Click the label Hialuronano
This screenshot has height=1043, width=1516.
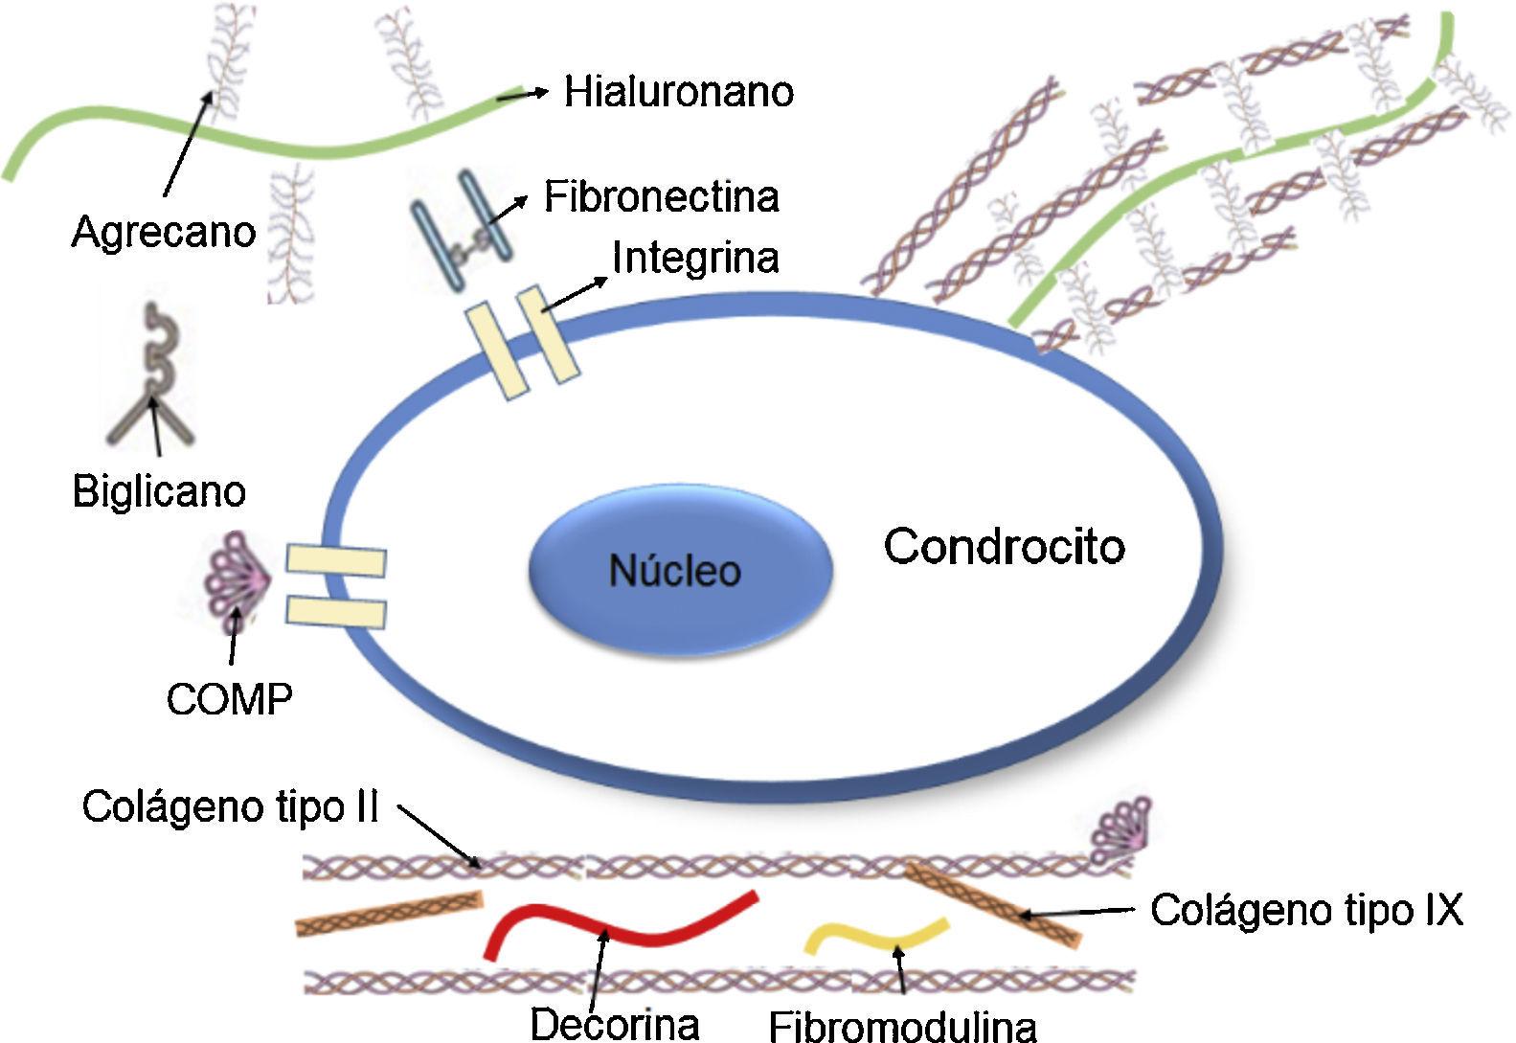pos(678,92)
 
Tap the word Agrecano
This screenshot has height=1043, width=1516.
pos(164,232)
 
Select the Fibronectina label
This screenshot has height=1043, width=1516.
pos(662,196)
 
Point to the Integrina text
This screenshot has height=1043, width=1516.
pos(695,257)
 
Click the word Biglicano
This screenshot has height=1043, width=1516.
pos(159,491)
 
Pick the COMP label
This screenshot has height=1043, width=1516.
pos(229,698)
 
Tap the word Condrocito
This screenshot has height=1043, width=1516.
pos(1004,546)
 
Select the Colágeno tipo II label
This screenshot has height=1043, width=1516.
pos(231,806)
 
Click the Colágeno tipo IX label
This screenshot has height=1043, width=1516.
pos(1306,909)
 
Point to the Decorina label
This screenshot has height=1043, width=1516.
pos(614,1023)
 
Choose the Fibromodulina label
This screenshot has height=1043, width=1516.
pos(902,1026)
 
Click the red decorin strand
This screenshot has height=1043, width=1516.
pos(622,926)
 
